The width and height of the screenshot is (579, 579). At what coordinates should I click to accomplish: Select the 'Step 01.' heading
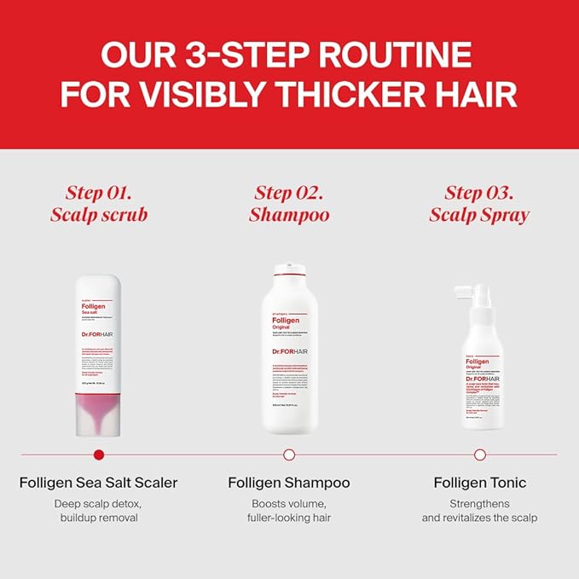[98, 192]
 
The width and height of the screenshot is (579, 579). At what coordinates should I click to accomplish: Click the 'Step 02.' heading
[289, 192]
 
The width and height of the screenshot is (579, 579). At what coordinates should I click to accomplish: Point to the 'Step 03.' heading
[479, 192]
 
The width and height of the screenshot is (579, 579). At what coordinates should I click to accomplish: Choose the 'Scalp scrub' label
[98, 214]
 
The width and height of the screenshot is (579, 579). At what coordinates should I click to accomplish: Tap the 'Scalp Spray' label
[479, 214]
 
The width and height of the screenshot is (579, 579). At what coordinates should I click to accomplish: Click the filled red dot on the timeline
[99, 455]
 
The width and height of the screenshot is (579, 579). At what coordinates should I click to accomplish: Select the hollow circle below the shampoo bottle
[289, 455]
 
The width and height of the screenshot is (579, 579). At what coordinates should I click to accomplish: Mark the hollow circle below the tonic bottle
[480, 455]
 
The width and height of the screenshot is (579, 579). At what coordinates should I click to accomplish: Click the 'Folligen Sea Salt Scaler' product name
[98, 483]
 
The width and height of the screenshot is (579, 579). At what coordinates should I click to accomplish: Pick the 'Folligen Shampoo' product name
[289, 483]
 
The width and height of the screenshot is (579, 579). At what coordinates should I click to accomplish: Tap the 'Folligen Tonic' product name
[480, 483]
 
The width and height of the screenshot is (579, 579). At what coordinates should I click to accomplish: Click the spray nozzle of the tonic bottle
[478, 294]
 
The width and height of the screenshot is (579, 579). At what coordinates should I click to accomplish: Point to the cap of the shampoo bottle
[289, 270]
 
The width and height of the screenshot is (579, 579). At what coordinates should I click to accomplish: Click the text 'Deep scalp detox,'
[99, 503]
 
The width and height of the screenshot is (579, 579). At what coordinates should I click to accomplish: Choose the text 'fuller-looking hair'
[289, 518]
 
